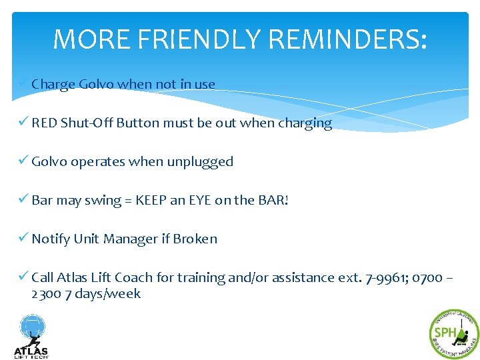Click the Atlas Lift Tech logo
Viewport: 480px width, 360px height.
coord(31,336)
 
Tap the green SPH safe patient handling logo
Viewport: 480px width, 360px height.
coord(453,334)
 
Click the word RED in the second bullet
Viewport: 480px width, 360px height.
coord(44,123)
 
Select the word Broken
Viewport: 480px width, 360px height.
coord(195,239)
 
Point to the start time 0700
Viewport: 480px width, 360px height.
coord(427,278)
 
